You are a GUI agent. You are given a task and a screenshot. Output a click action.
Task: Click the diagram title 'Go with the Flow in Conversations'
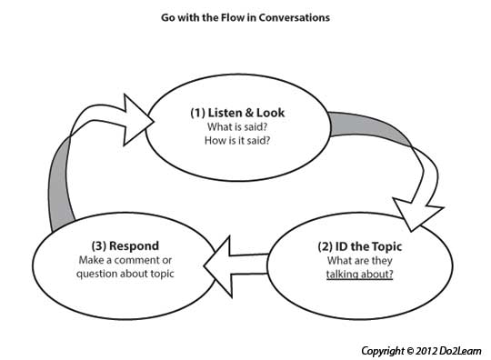click(243, 18)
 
